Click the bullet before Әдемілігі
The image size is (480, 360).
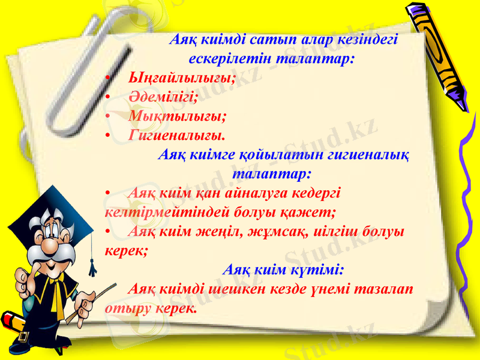click(x=107, y=97)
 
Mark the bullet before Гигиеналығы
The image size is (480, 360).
click(x=107, y=134)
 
